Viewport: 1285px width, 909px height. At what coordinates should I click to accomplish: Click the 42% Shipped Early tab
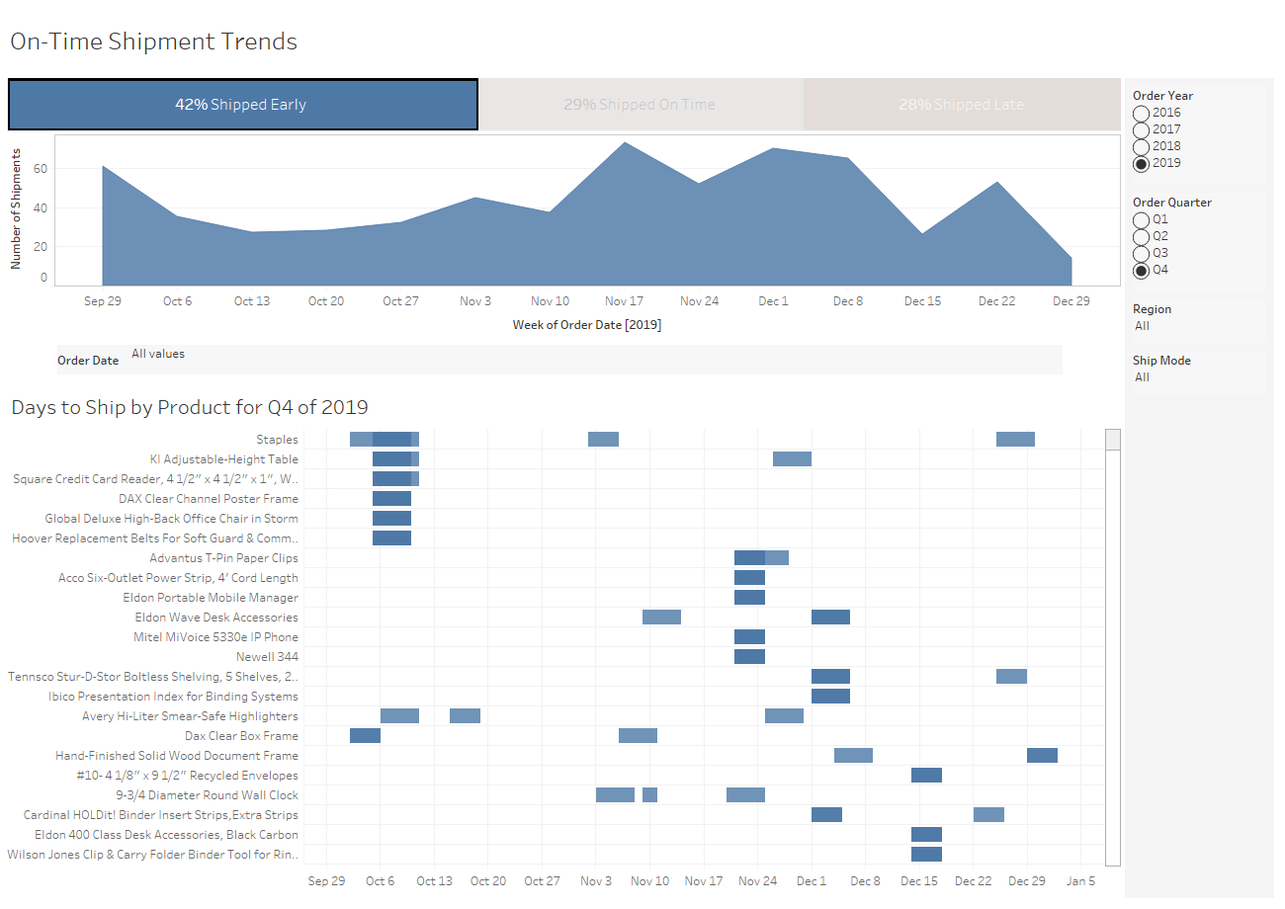pyautogui.click(x=242, y=105)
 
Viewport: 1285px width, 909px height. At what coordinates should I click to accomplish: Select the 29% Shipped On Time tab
pyautogui.click(x=640, y=105)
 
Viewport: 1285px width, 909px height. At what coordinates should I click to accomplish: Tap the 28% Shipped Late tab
pyautogui.click(x=961, y=105)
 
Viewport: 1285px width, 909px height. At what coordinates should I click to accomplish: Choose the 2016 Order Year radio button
pyautogui.click(x=1142, y=113)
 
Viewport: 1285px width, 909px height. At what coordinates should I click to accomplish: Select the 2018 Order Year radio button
pyautogui.click(x=1142, y=146)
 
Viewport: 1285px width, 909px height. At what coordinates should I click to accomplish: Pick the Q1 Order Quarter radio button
pyautogui.click(x=1142, y=219)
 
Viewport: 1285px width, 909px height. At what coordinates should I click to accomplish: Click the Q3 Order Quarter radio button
pyautogui.click(x=1142, y=253)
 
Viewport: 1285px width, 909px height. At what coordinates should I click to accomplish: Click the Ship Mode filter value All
pyautogui.click(x=1143, y=377)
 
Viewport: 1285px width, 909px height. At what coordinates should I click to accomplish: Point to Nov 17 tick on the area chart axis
pyautogui.click(x=624, y=301)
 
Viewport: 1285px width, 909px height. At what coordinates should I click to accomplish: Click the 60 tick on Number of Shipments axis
pyautogui.click(x=41, y=170)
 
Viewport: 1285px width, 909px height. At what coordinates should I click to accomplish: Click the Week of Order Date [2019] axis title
pyautogui.click(x=587, y=325)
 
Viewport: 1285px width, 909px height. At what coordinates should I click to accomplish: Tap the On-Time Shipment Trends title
pyautogui.click(x=153, y=41)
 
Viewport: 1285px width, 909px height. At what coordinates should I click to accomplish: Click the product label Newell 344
pyautogui.click(x=267, y=657)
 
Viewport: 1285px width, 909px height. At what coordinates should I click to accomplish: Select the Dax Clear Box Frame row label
pyautogui.click(x=241, y=736)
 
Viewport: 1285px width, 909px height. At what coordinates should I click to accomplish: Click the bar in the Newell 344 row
pyautogui.click(x=749, y=657)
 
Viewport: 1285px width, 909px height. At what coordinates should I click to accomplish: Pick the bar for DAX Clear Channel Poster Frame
pyautogui.click(x=391, y=499)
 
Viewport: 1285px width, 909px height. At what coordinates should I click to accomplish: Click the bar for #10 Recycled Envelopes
pyautogui.click(x=926, y=776)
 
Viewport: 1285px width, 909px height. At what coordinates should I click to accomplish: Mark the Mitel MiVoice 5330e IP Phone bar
pyautogui.click(x=749, y=637)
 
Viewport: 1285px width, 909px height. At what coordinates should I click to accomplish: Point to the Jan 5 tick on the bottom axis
pyautogui.click(x=1080, y=881)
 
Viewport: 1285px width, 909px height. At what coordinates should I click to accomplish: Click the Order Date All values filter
pyautogui.click(x=158, y=354)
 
